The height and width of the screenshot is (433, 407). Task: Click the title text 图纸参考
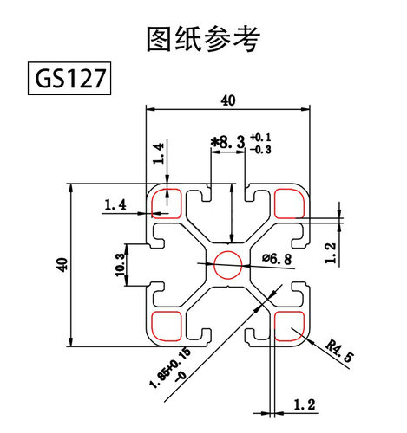[204, 38]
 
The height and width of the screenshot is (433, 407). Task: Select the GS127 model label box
[69, 79]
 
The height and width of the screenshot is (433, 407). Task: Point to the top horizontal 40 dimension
[228, 100]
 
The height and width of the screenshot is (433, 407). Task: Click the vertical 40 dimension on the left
[60, 264]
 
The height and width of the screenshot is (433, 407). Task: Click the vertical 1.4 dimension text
[158, 152]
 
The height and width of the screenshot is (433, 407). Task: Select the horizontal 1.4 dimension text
[115, 204]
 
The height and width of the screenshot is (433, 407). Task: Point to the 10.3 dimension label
[120, 264]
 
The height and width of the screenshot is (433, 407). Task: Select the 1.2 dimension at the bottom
[305, 404]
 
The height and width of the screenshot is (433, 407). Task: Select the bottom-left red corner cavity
[165, 326]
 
